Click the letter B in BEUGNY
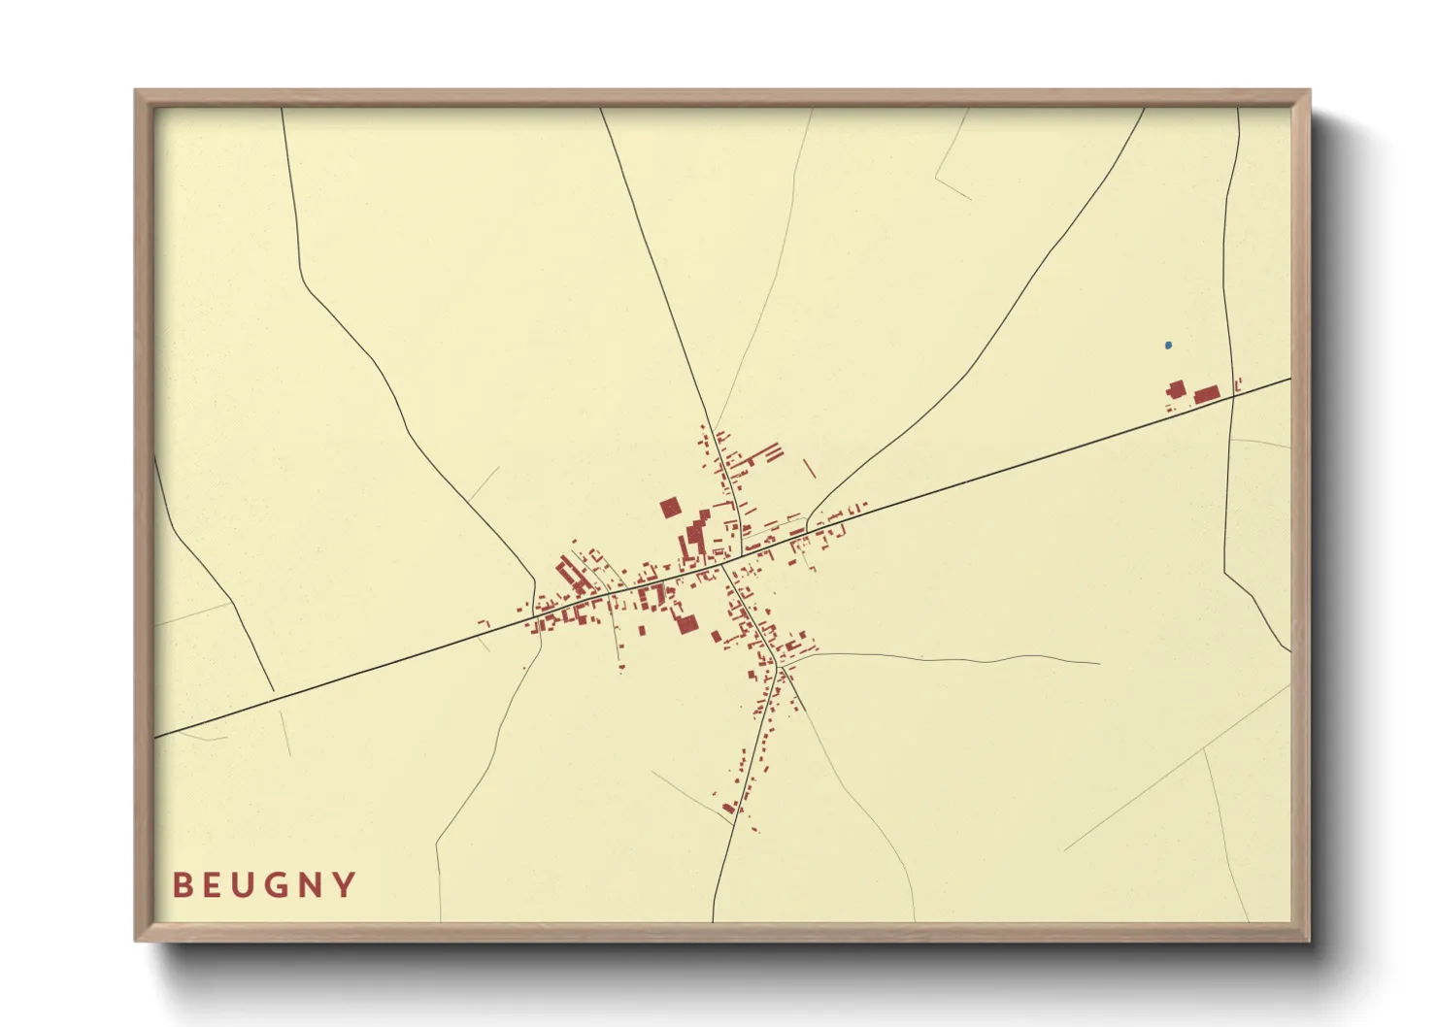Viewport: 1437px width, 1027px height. click(182, 885)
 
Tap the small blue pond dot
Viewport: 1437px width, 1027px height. click(1168, 345)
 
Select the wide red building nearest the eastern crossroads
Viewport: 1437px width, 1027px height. click(1206, 393)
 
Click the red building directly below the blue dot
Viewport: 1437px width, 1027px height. click(1177, 390)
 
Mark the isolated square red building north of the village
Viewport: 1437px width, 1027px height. click(670, 508)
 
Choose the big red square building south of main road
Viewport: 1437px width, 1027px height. click(686, 623)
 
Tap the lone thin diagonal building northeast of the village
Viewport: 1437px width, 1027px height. click(809, 468)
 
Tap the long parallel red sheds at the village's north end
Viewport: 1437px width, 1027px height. click(768, 453)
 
